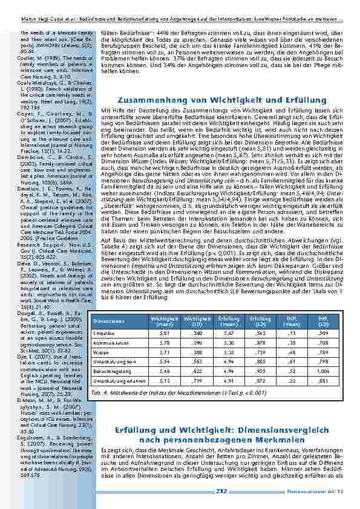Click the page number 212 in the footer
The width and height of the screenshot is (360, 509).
click(x=221, y=492)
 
